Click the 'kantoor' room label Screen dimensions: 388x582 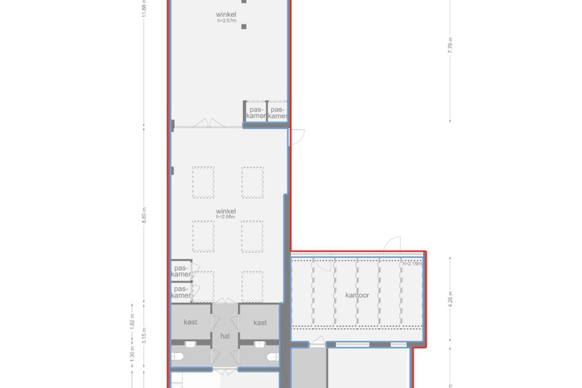pyautogui.click(x=357, y=295)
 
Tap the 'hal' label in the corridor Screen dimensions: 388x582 pyautogui.click(x=225, y=336)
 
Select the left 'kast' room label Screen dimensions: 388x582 pyautogui.click(x=190, y=322)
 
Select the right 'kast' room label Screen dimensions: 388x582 pyautogui.click(x=260, y=322)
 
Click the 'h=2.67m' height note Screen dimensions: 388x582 pyautogui.click(x=226, y=21)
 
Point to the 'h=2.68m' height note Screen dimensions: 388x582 pyautogui.click(x=226, y=217)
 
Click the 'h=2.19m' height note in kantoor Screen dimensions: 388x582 pyautogui.click(x=412, y=263)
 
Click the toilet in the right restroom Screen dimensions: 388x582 pyautogui.click(x=270, y=357)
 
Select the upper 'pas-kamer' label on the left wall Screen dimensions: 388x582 pyautogui.click(x=181, y=271)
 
